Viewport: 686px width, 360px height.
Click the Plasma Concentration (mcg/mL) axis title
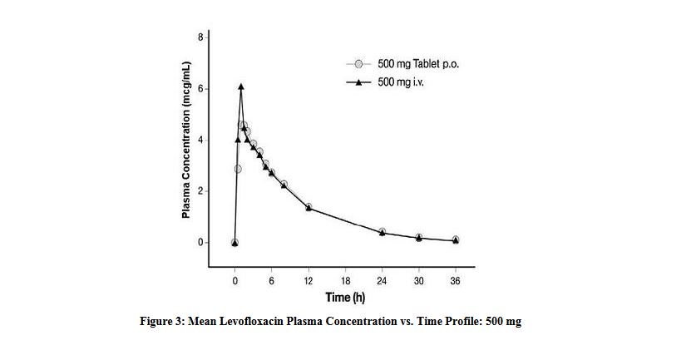pos(187,141)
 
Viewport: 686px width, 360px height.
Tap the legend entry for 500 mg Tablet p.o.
pos(407,64)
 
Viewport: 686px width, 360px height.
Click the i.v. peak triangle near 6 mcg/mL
pos(241,86)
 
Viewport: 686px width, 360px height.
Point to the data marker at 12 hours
pos(308,207)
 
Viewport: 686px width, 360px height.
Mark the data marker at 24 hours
pos(382,232)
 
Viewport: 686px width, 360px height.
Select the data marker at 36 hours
pos(455,240)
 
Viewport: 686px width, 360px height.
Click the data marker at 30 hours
pos(418,238)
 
